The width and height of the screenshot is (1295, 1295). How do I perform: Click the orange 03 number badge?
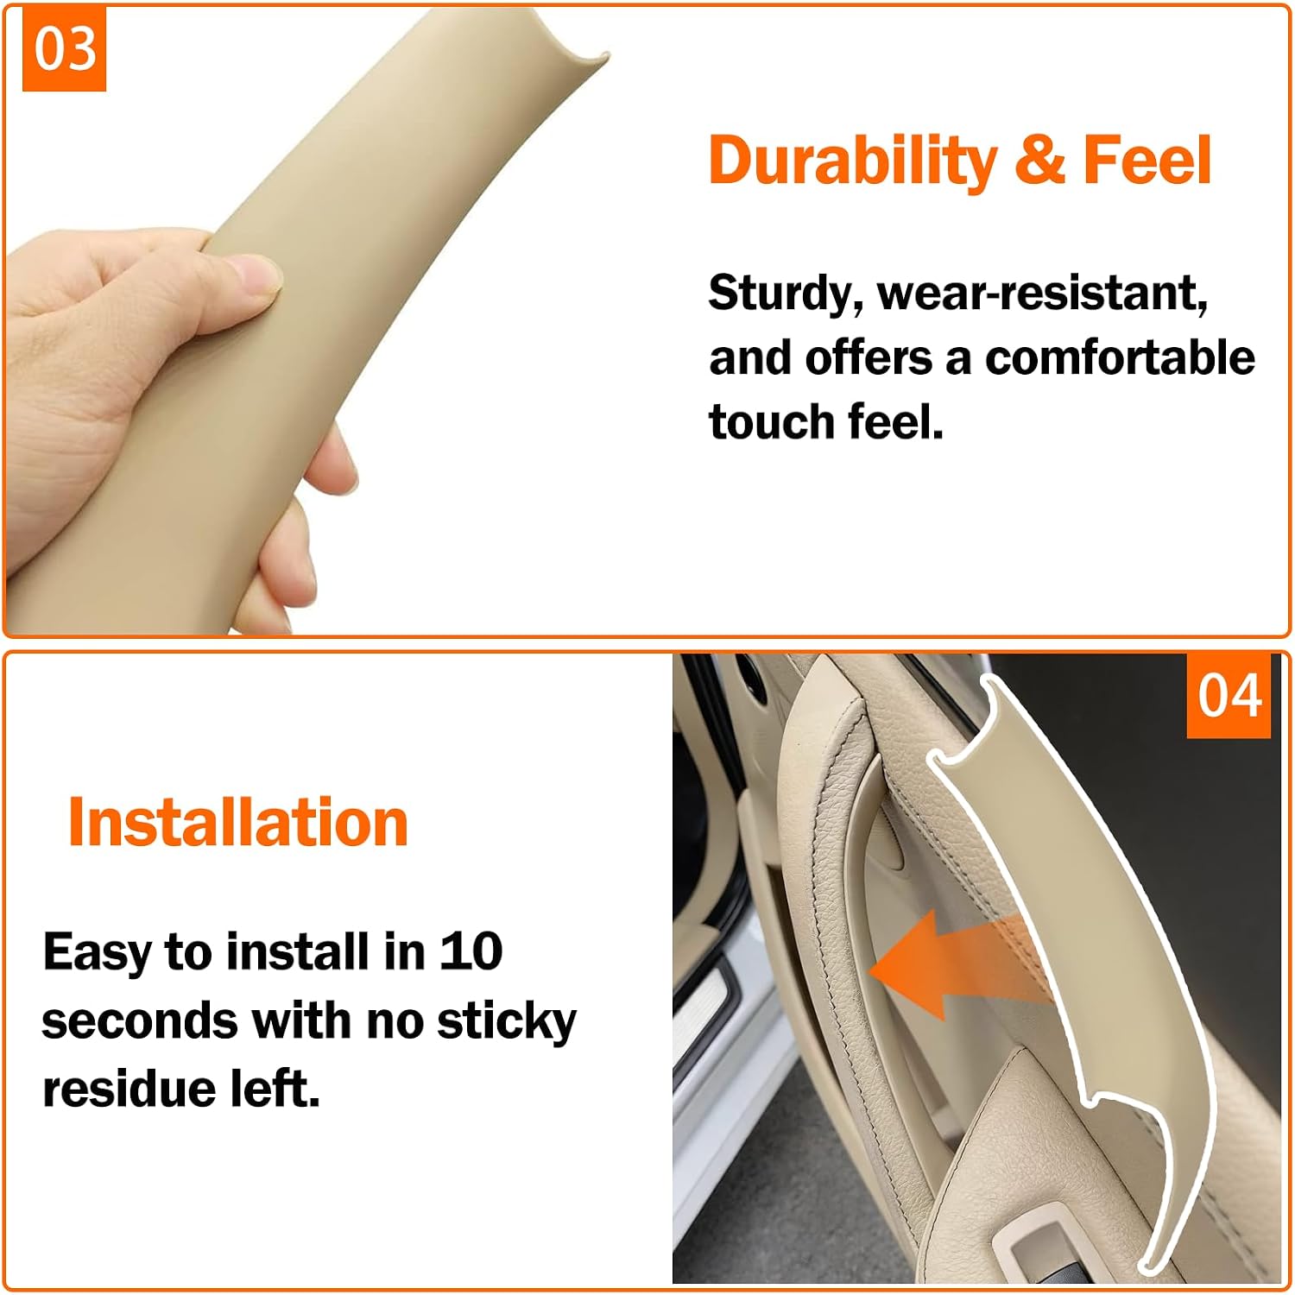click(64, 48)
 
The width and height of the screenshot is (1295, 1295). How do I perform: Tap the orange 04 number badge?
click(1229, 696)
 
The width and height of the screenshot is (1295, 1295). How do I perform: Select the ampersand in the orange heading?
click(1039, 160)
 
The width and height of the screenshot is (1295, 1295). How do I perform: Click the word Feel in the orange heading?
click(1147, 160)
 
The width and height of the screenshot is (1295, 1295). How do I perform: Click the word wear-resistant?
click(1042, 294)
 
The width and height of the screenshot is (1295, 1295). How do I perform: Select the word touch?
click(772, 422)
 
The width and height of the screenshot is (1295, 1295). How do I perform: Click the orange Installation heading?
click(237, 822)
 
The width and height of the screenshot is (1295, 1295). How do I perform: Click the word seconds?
click(139, 1021)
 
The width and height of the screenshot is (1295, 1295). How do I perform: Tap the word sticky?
click(506, 1022)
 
